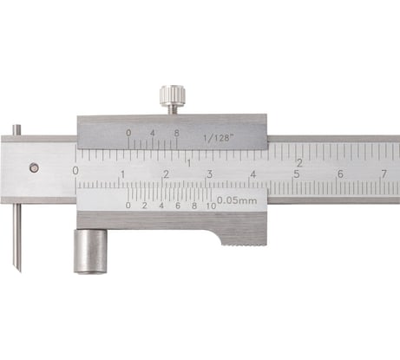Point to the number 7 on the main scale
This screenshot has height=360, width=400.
tap(383, 174)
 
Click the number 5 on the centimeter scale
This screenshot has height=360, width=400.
tap(296, 174)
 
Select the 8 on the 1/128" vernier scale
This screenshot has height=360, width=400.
tap(177, 134)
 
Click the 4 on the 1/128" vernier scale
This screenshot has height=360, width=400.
tap(153, 134)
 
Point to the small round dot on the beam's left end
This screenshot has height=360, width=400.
tap(33, 168)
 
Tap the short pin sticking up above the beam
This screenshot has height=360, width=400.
tap(16, 130)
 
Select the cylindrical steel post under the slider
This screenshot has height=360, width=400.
tap(90, 252)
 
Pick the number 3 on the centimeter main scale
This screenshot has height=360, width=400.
tap(209, 174)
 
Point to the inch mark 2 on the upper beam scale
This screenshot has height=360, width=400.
tap(298, 161)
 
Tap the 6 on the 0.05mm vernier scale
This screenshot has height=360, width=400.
tap(177, 206)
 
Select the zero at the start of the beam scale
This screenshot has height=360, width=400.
tap(75, 171)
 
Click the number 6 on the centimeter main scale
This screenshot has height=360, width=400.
tap(339, 174)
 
